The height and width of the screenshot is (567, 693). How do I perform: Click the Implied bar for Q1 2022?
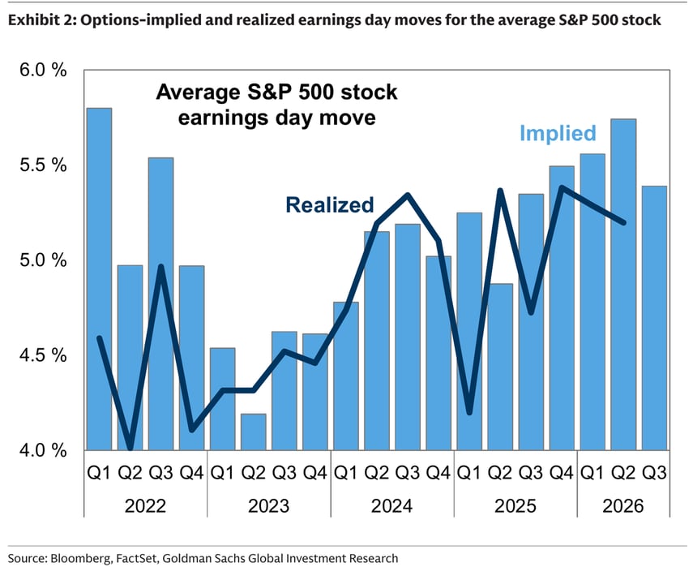click(99, 279)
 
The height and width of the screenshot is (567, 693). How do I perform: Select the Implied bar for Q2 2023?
click(253, 432)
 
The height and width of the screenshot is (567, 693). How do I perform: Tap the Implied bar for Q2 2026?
click(623, 285)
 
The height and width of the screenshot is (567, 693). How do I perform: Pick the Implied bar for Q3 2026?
click(654, 319)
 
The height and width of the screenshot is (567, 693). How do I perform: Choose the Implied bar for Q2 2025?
click(500, 367)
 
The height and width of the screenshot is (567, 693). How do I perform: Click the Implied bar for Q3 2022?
click(160, 304)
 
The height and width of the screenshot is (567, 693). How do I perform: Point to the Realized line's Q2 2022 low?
click(130, 448)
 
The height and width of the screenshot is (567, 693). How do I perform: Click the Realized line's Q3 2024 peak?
click(408, 195)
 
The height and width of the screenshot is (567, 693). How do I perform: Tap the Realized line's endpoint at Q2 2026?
click(623, 222)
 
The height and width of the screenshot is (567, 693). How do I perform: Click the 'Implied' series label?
click(558, 133)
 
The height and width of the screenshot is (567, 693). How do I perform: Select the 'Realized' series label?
click(330, 205)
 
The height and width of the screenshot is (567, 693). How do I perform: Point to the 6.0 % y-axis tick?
click(43, 70)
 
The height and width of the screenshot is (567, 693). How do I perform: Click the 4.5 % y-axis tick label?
click(43, 355)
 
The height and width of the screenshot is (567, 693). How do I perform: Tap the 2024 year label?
click(392, 506)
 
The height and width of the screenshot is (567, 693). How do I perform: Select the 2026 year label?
click(623, 506)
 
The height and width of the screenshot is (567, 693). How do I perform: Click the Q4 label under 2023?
click(314, 473)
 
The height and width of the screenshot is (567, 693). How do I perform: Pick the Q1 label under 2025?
click(469, 473)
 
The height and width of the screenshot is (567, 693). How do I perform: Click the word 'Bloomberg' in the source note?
click(81, 558)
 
